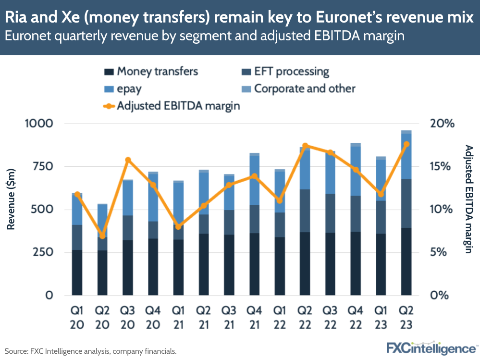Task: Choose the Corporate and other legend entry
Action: [x=298, y=89]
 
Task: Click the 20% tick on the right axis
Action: [x=442, y=124]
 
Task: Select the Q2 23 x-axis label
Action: [x=406, y=317]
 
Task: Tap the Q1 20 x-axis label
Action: [x=77, y=317]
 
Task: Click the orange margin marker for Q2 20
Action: [x=102, y=236]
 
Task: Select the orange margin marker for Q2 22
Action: [x=305, y=146]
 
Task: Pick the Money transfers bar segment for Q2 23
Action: [x=406, y=261]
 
